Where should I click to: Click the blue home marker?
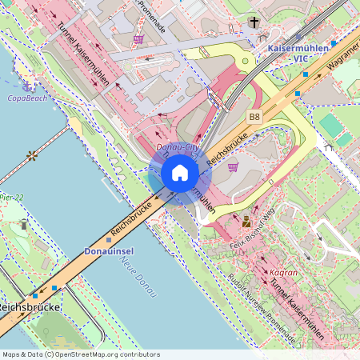(180, 173)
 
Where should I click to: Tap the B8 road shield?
(254, 117)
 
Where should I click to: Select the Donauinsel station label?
(108, 250)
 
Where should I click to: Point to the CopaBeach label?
(27, 98)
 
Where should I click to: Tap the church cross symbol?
(254, 22)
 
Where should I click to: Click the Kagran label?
(283, 272)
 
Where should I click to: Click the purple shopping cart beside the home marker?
(233, 167)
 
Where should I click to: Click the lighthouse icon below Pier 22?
(24, 225)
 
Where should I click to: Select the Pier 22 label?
(11, 196)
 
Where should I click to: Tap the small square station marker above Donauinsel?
(109, 239)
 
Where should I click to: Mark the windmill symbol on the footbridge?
(32, 154)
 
